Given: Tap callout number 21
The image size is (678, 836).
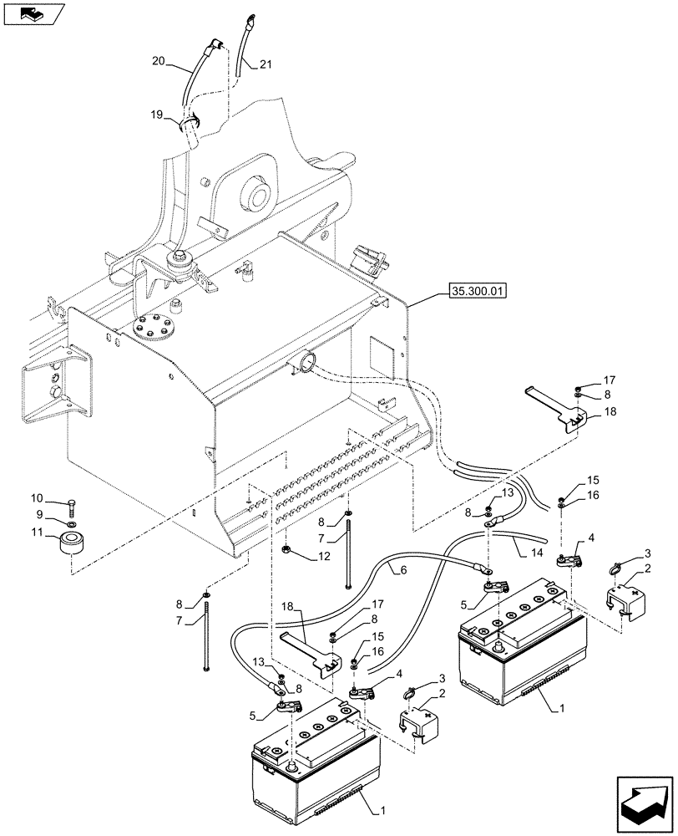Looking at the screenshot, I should [265, 64].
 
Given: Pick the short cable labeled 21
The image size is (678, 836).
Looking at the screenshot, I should [245, 42].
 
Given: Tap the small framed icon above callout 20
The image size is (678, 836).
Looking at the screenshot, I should [34, 14].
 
